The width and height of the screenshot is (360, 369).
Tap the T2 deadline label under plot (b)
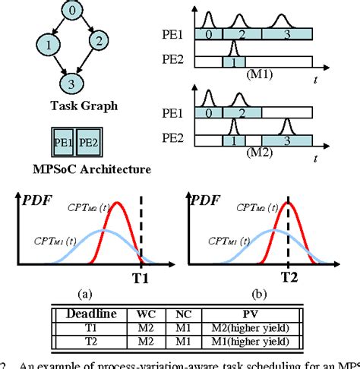pyautogui.click(x=289, y=277)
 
